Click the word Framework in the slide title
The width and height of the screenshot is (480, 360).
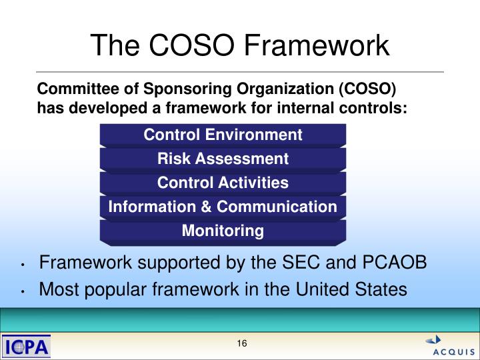[317, 45]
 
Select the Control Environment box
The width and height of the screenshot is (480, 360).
[223, 135]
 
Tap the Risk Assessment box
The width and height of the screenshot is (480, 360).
[223, 159]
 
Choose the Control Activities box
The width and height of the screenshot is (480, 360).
[223, 183]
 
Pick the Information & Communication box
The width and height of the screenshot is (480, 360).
[223, 207]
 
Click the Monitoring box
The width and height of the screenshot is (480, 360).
[223, 231]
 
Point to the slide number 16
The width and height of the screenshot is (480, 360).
[241, 343]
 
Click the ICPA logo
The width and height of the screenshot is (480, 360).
[27, 347]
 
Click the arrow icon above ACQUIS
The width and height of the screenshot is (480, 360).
[434, 339]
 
